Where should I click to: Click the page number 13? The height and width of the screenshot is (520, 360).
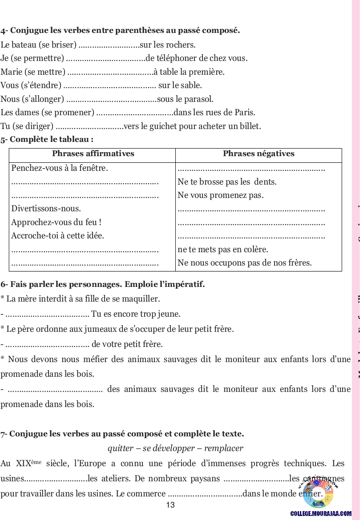[x=170, y=505]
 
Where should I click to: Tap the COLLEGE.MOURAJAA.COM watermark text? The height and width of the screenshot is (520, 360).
[x=321, y=514]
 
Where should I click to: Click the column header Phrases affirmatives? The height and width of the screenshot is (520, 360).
[x=93, y=154]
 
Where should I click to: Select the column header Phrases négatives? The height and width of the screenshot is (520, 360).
[x=259, y=154]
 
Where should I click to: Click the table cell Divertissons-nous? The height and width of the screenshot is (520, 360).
[x=46, y=209]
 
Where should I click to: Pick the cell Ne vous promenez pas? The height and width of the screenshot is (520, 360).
[x=221, y=195]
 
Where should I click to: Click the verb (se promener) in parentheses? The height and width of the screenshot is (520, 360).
[x=68, y=113]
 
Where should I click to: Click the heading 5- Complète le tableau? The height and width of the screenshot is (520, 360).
[x=47, y=139]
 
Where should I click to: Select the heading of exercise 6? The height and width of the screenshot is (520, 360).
[x=103, y=284]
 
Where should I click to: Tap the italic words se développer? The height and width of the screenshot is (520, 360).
[x=169, y=448]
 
